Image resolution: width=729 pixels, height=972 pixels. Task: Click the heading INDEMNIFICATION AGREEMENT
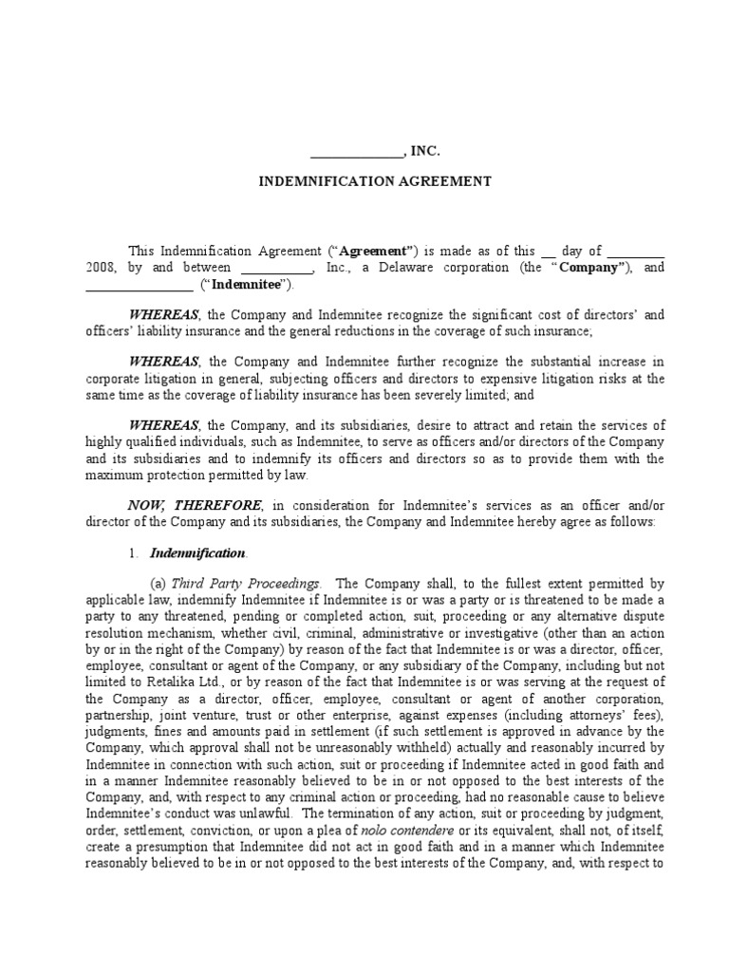[376, 181]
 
